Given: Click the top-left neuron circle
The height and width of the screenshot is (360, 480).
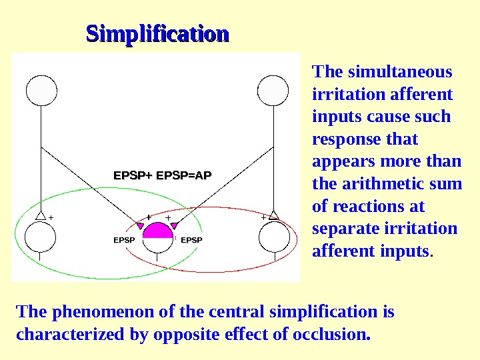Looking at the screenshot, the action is (x=41, y=91).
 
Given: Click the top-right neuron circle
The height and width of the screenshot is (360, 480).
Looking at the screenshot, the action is (x=273, y=91).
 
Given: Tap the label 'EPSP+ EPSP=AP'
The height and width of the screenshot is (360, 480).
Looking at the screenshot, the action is (x=163, y=175).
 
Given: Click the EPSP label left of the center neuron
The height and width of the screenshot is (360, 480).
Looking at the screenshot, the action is (x=125, y=239).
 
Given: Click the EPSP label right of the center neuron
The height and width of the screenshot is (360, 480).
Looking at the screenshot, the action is (x=191, y=239).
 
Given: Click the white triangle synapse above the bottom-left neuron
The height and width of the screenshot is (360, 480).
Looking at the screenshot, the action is (x=41, y=216).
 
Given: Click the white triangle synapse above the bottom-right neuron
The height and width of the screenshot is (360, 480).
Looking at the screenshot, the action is (x=273, y=216).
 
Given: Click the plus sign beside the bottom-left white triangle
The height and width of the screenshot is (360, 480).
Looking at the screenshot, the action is (x=51, y=217).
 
